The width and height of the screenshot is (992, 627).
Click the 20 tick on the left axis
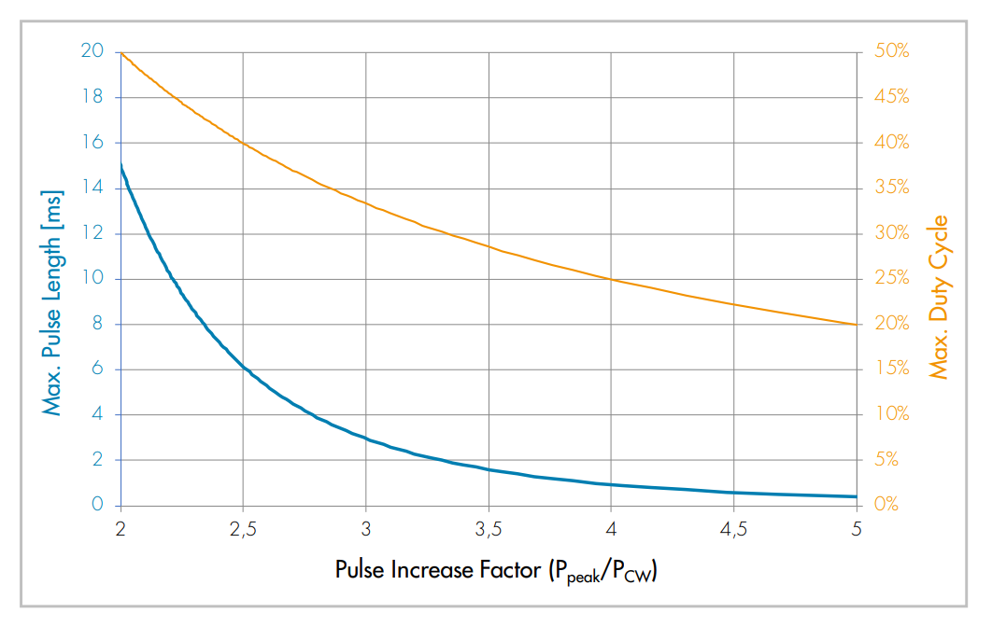tap(92, 51)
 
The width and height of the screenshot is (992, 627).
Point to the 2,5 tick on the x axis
tap(243, 529)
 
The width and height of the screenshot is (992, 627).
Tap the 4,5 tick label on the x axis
tap(733, 529)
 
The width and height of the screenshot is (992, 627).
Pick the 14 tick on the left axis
tap(93, 188)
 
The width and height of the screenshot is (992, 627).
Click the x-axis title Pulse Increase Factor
tap(496, 570)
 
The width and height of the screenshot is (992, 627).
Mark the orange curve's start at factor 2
tap(121, 52)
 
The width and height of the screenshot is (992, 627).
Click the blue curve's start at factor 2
tap(121, 165)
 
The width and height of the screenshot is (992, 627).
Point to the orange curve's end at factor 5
tap(857, 325)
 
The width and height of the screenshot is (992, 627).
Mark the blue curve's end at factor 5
tap(857, 496)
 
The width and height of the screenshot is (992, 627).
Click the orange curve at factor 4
tap(611, 279)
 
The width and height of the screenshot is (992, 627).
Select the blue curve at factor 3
tap(366, 439)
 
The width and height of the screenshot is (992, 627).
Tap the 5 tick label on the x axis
tap(857, 529)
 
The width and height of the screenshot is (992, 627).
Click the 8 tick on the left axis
tap(97, 324)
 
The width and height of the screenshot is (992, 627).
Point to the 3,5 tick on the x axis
tap(489, 529)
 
